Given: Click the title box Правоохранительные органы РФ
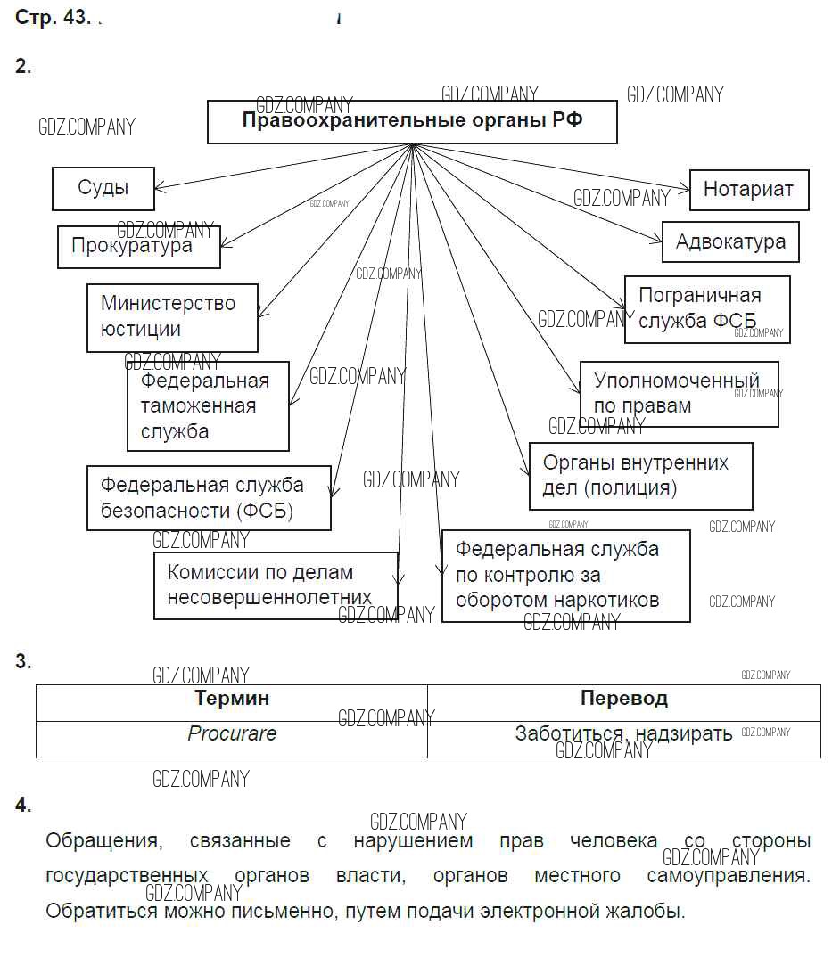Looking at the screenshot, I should [x=412, y=121].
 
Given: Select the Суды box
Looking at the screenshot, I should [x=103, y=188].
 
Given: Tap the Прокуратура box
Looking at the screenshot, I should [x=138, y=247].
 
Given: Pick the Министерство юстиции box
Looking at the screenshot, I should [x=172, y=317].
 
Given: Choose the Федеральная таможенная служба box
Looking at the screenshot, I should [x=208, y=405].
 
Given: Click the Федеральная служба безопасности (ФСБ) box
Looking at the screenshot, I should [x=209, y=497].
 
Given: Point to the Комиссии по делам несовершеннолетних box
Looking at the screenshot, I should [x=275, y=585].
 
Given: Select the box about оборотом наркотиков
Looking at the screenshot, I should [x=565, y=575].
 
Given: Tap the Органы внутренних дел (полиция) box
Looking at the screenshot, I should [x=640, y=476].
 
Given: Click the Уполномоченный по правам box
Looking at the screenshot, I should [x=679, y=394].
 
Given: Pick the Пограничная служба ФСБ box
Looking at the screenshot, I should [x=706, y=308].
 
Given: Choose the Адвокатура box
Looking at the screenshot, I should [x=729, y=241].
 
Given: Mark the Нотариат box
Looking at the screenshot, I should [x=748, y=189].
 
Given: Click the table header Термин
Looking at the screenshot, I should [x=232, y=699].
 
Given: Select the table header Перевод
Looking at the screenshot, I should [x=623, y=699].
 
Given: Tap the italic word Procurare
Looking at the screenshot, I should [x=232, y=733].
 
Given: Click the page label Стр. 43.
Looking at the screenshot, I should [x=52, y=19].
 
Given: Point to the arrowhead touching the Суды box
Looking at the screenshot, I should [x=159, y=188].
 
